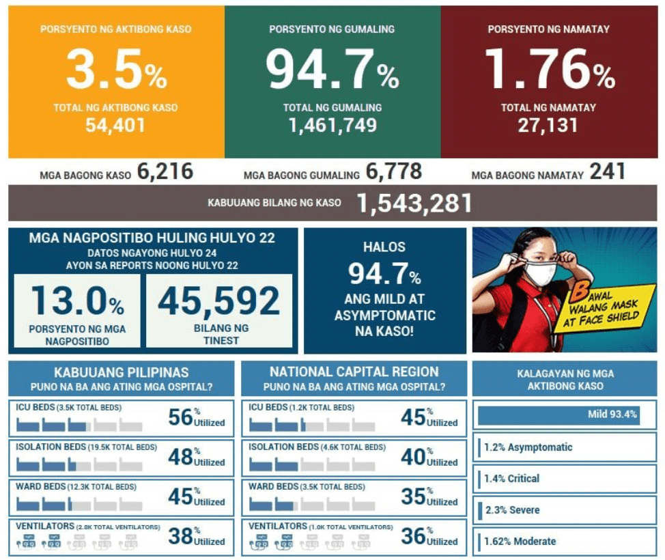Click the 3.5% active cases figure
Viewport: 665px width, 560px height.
point(116,71)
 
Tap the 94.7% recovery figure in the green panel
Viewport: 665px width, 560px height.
point(332,71)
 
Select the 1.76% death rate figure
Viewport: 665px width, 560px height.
point(549,71)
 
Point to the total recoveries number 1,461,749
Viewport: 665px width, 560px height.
point(332,126)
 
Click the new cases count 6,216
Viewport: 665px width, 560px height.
point(165,172)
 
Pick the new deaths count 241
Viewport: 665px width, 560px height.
point(608,172)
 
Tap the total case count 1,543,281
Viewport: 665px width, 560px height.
point(414,204)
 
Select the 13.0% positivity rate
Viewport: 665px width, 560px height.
point(77,300)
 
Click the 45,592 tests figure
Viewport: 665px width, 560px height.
point(219,300)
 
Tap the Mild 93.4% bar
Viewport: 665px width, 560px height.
point(558,415)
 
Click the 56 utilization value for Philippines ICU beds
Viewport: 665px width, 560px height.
point(180,417)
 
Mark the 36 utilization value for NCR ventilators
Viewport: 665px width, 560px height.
point(414,536)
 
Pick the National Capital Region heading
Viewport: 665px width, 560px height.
point(354,372)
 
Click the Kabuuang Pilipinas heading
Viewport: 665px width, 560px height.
point(122,372)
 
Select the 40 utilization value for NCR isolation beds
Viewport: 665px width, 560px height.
point(414,457)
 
